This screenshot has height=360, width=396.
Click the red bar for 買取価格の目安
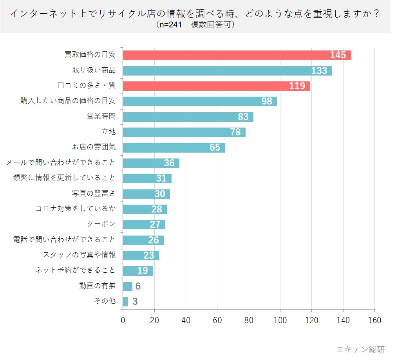point(227,55)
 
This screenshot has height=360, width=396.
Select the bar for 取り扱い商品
point(219,71)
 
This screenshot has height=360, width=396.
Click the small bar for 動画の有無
point(128,286)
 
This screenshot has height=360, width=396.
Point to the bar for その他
point(125,302)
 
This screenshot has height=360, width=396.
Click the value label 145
point(338,55)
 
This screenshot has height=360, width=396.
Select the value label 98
point(267,101)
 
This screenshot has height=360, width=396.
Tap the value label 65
point(215,148)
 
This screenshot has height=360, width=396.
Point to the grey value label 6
point(138,286)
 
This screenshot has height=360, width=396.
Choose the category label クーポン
point(101,224)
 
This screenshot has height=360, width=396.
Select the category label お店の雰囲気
point(94,148)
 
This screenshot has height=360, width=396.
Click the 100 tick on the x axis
point(280,320)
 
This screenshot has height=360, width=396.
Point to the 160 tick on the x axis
point(375,320)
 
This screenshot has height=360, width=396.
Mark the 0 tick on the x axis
point(123,320)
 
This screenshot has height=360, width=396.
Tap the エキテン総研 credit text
point(361,349)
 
